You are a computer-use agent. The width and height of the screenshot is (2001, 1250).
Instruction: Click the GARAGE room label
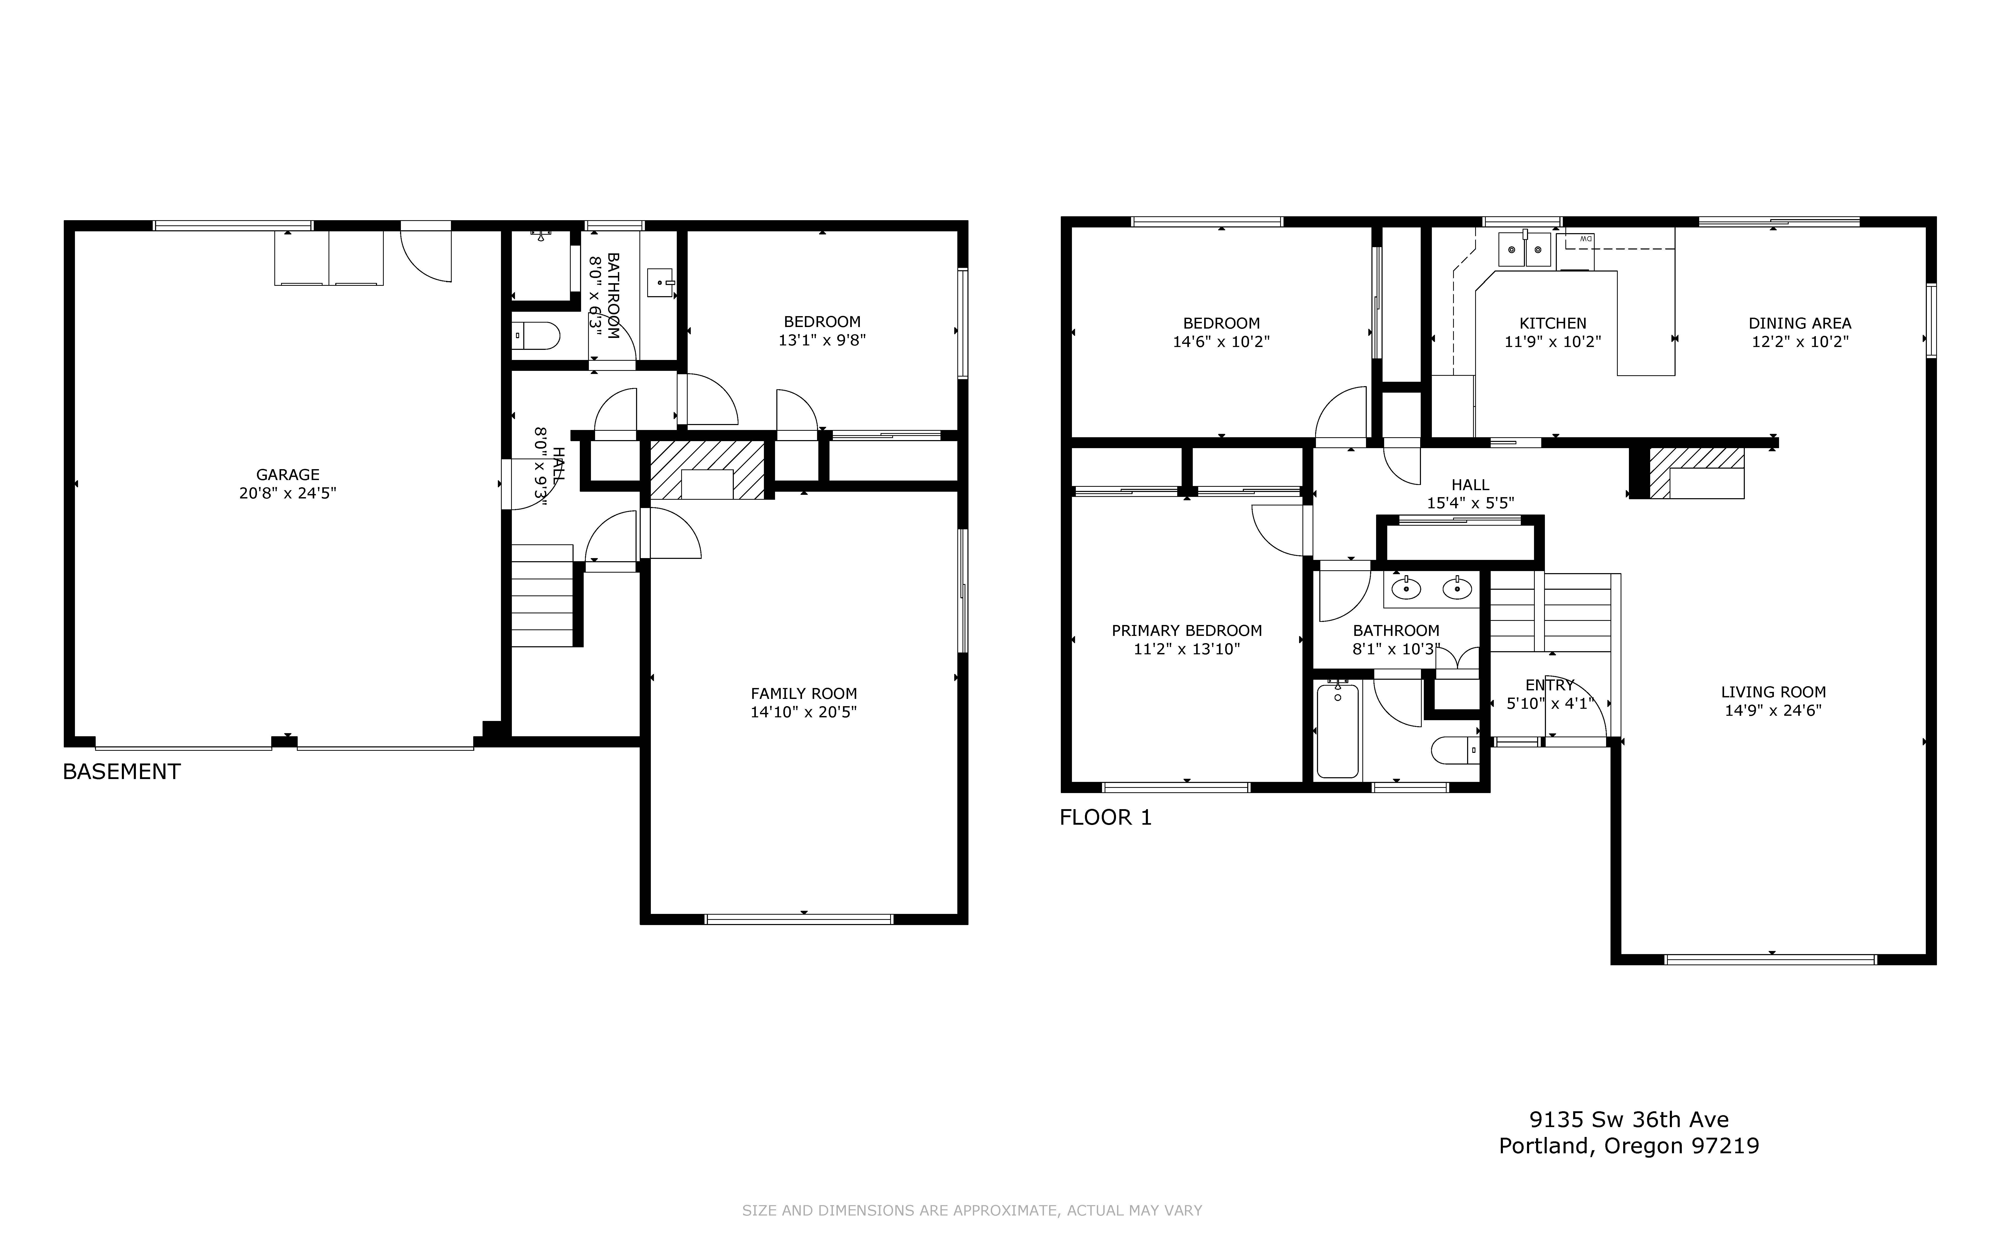(x=288, y=475)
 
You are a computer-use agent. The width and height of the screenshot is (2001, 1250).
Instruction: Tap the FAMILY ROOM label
(x=803, y=694)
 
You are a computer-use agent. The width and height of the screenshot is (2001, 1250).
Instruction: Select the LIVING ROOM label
(x=1773, y=692)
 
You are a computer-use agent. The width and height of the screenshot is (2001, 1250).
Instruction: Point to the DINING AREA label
(x=1799, y=323)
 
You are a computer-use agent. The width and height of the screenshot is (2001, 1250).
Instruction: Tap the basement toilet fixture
(x=536, y=336)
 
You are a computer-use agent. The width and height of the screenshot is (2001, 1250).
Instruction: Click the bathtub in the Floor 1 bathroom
(x=1337, y=730)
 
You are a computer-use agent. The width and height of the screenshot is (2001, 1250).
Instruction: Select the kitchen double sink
(x=1525, y=249)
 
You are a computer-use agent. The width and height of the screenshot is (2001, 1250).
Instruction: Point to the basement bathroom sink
(x=660, y=282)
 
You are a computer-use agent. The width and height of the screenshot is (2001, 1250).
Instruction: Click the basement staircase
(x=542, y=595)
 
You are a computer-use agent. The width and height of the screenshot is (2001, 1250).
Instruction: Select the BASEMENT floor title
(x=122, y=771)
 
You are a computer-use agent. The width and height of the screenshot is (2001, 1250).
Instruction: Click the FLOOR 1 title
(x=1105, y=818)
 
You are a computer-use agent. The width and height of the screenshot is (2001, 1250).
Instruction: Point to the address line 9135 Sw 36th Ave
(x=1628, y=1119)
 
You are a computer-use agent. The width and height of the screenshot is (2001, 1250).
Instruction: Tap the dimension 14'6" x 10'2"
(x=1221, y=342)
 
